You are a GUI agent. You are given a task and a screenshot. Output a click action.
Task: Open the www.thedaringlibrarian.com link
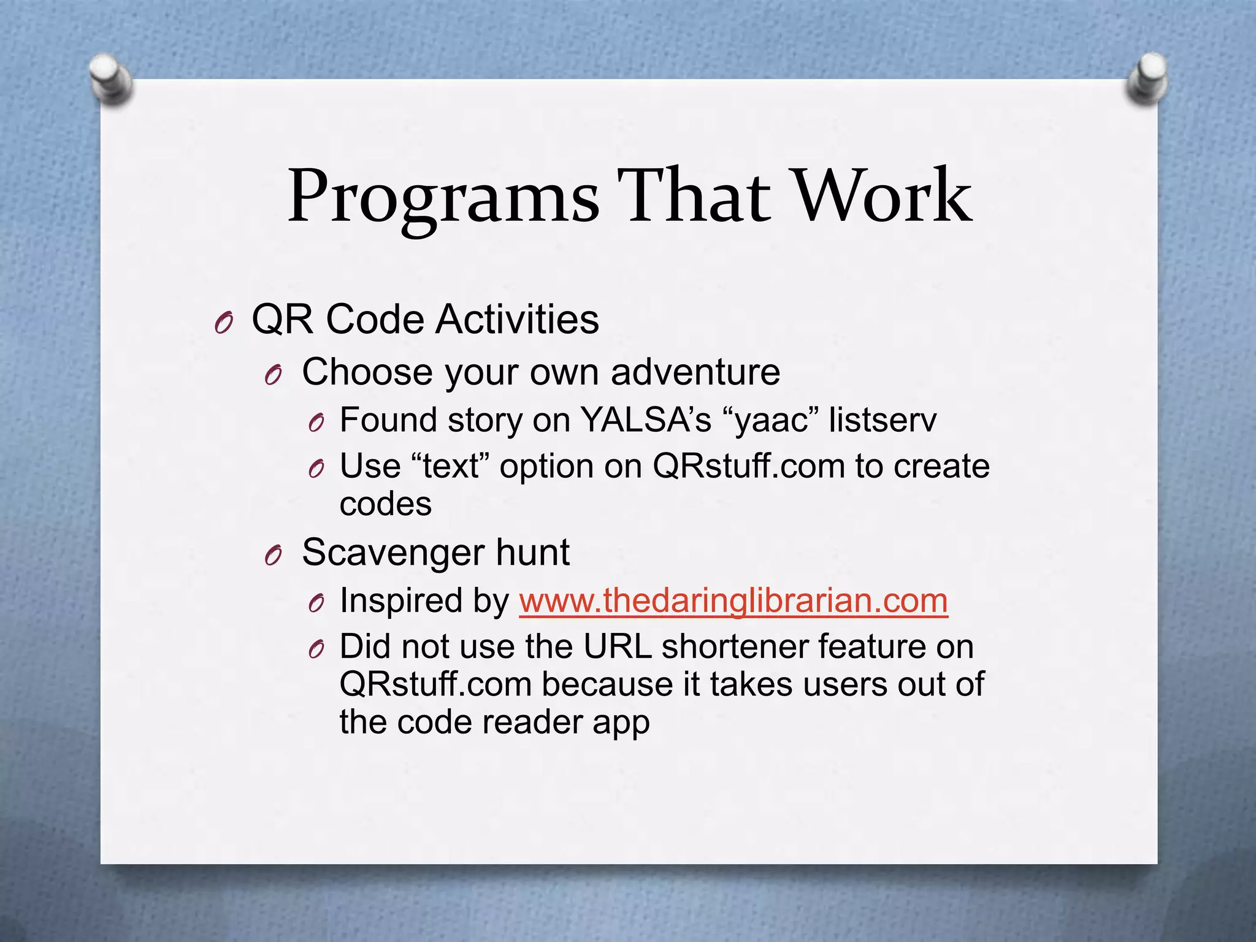point(733,600)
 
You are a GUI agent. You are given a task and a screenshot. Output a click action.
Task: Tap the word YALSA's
point(645,420)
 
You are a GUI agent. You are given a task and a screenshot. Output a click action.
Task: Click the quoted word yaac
point(771,421)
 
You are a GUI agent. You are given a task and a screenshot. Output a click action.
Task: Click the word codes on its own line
point(385,505)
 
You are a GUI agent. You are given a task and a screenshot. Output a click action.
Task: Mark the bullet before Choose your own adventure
point(273,375)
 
